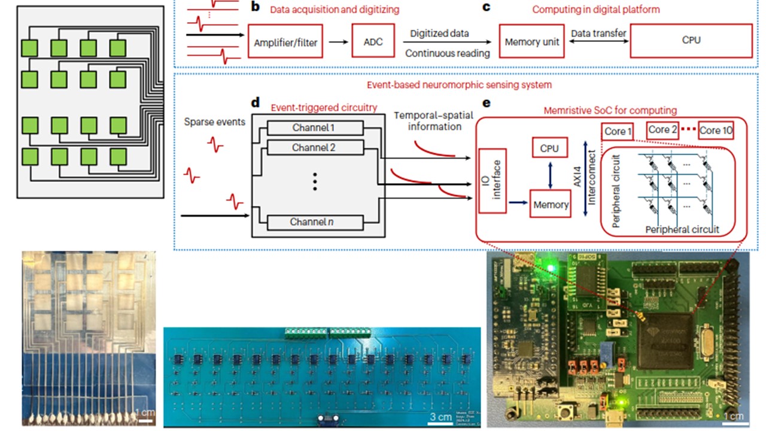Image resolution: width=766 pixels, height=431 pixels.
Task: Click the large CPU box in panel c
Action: click(691, 41)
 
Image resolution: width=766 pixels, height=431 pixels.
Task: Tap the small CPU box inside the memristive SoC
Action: click(549, 147)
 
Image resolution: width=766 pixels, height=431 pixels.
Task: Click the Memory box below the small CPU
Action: click(551, 205)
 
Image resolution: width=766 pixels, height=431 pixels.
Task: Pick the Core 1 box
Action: click(618, 130)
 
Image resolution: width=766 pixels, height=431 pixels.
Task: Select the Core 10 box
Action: click(716, 130)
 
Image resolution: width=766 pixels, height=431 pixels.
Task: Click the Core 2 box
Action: click(662, 129)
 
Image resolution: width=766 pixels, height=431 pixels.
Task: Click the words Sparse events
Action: click(215, 122)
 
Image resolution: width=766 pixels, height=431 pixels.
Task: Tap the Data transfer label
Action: click(598, 34)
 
